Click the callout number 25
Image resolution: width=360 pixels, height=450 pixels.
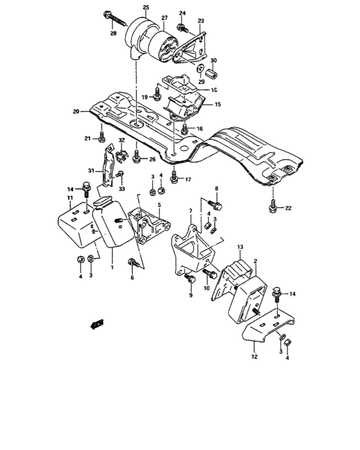click(145, 7)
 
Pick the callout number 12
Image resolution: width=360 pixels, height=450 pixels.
click(254, 355)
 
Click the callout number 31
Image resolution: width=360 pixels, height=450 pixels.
click(91, 170)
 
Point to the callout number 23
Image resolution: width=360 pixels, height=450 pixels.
click(201, 21)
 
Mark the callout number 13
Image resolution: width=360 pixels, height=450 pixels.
click(240, 247)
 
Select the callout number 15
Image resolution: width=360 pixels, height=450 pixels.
click(217, 104)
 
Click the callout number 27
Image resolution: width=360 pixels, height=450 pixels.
click(164, 17)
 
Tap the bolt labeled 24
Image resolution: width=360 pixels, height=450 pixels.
click(183, 27)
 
